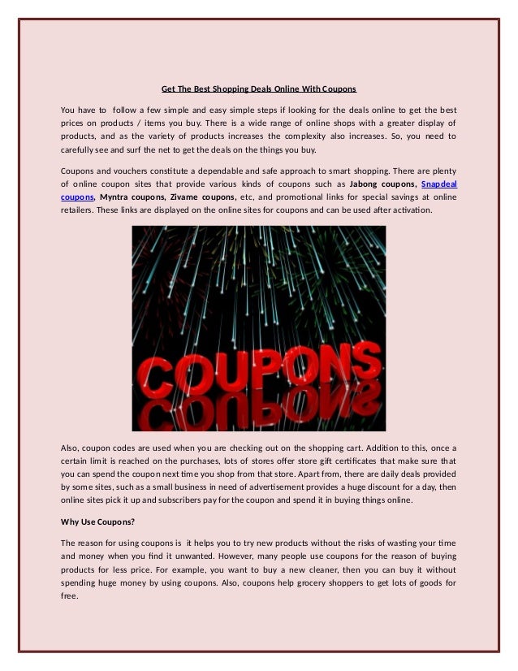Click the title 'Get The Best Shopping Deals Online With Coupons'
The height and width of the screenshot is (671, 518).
tap(259, 88)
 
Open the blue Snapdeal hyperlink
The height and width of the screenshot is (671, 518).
tap(438, 184)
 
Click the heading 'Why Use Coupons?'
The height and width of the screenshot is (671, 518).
tap(99, 522)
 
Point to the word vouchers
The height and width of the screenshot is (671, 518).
tap(137, 171)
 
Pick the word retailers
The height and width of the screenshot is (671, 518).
tap(80, 210)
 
